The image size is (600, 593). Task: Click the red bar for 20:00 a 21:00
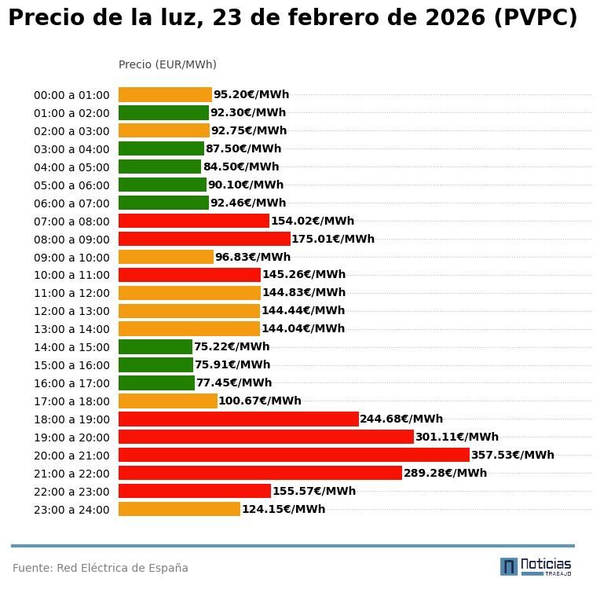294,455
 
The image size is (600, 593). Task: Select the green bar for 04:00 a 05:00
159,167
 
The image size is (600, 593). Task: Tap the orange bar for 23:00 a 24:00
179,509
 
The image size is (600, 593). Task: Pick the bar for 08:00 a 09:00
204,239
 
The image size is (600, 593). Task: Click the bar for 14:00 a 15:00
155,346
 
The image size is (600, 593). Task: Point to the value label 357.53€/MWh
512,455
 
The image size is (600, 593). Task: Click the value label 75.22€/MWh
232,346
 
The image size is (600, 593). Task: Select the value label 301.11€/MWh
457,437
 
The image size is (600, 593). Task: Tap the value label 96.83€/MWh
253,257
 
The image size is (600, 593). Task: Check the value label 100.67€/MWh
260,401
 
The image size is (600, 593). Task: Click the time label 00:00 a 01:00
71,95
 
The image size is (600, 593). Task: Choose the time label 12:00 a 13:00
71,311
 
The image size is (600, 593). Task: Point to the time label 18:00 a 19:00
71,419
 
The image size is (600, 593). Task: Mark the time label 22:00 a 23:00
71,492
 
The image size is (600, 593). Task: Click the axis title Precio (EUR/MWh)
167,64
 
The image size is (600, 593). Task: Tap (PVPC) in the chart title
536,18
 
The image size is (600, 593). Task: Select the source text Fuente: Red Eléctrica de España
101,568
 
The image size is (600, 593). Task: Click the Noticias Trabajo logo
536,566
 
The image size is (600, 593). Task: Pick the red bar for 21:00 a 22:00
260,473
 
